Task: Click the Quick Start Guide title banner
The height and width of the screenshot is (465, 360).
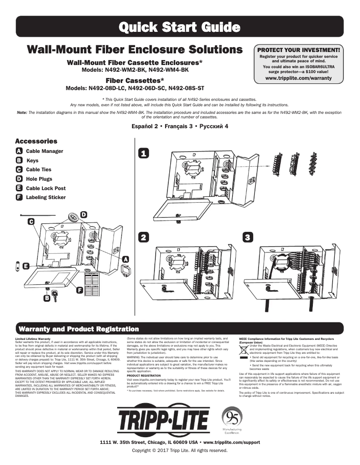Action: [x=180, y=27]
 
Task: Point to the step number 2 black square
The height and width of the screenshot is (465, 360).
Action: [x=143, y=238]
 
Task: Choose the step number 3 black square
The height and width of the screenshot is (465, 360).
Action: [x=247, y=238]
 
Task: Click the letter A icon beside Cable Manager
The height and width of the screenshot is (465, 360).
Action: [x=19, y=151]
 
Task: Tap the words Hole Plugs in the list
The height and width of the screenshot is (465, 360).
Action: [x=39, y=179]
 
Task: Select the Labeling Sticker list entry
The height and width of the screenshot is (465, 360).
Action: [x=45, y=197]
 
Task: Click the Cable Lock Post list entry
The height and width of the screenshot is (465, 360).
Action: [x=45, y=188]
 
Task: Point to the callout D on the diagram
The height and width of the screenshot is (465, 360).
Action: [x=83, y=214]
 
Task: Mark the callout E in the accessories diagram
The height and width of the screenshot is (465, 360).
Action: [x=26, y=266]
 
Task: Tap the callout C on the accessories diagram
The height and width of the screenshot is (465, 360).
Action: [x=31, y=221]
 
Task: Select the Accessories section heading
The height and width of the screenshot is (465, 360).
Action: [x=36, y=141]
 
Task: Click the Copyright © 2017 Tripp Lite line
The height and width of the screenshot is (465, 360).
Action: [x=180, y=450]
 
